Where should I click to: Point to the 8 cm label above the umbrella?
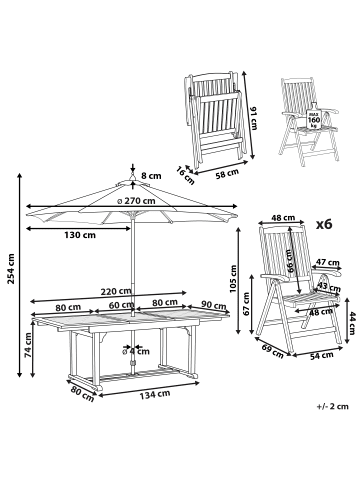coord(149,174)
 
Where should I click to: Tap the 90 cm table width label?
coord(213,305)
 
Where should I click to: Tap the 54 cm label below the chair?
coord(321,383)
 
